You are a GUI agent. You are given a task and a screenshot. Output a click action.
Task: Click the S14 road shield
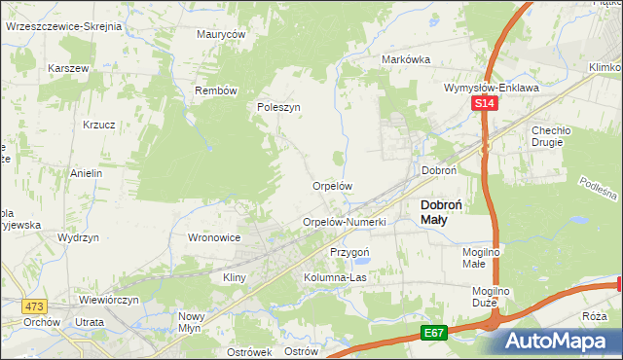485,103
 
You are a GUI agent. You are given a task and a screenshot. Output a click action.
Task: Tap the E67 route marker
434,332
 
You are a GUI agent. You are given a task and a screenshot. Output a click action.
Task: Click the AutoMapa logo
562,341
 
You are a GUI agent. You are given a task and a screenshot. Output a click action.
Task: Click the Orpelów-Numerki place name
345,223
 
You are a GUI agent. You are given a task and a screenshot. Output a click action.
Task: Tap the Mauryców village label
221,33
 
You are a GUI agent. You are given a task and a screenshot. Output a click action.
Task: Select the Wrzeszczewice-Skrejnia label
63,26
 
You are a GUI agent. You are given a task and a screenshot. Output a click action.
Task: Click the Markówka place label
406,59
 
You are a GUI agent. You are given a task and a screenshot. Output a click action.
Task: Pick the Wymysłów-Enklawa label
491,87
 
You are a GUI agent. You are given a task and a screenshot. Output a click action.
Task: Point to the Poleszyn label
278,108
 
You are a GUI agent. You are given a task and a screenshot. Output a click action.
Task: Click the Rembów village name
216,90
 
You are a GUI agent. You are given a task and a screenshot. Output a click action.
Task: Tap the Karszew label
68,69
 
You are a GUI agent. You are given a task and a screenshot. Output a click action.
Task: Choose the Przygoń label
350,251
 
